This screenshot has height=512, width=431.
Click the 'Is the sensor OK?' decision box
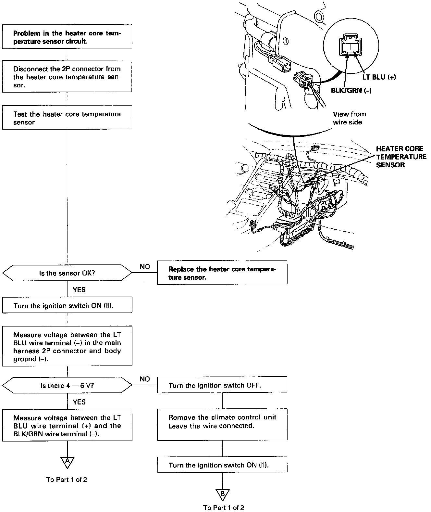[67, 273]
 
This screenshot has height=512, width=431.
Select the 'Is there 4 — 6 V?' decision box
[67, 385]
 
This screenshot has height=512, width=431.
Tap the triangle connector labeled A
[67, 462]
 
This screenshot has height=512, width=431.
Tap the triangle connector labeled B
[222, 494]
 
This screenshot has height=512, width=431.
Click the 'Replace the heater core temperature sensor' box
[222, 273]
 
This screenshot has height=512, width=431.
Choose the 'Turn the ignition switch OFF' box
[222, 385]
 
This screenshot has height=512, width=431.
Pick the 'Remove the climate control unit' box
[222, 422]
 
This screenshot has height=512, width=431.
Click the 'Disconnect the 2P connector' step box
[67, 77]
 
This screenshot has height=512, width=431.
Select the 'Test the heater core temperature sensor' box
[67, 118]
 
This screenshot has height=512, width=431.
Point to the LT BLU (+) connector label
[379, 77]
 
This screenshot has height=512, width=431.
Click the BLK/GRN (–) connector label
[351, 90]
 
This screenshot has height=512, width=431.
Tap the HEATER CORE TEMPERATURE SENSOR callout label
[401, 157]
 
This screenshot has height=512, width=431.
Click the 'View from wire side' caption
[349, 118]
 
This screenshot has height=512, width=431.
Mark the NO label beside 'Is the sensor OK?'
[145, 266]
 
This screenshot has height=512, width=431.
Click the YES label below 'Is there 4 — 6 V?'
[79, 402]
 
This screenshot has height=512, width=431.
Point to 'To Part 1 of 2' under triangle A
[67, 480]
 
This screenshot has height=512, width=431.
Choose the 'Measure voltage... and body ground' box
[67, 347]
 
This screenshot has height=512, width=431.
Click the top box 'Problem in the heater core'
[67, 37]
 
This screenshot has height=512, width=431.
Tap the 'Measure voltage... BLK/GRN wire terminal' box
[67, 426]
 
